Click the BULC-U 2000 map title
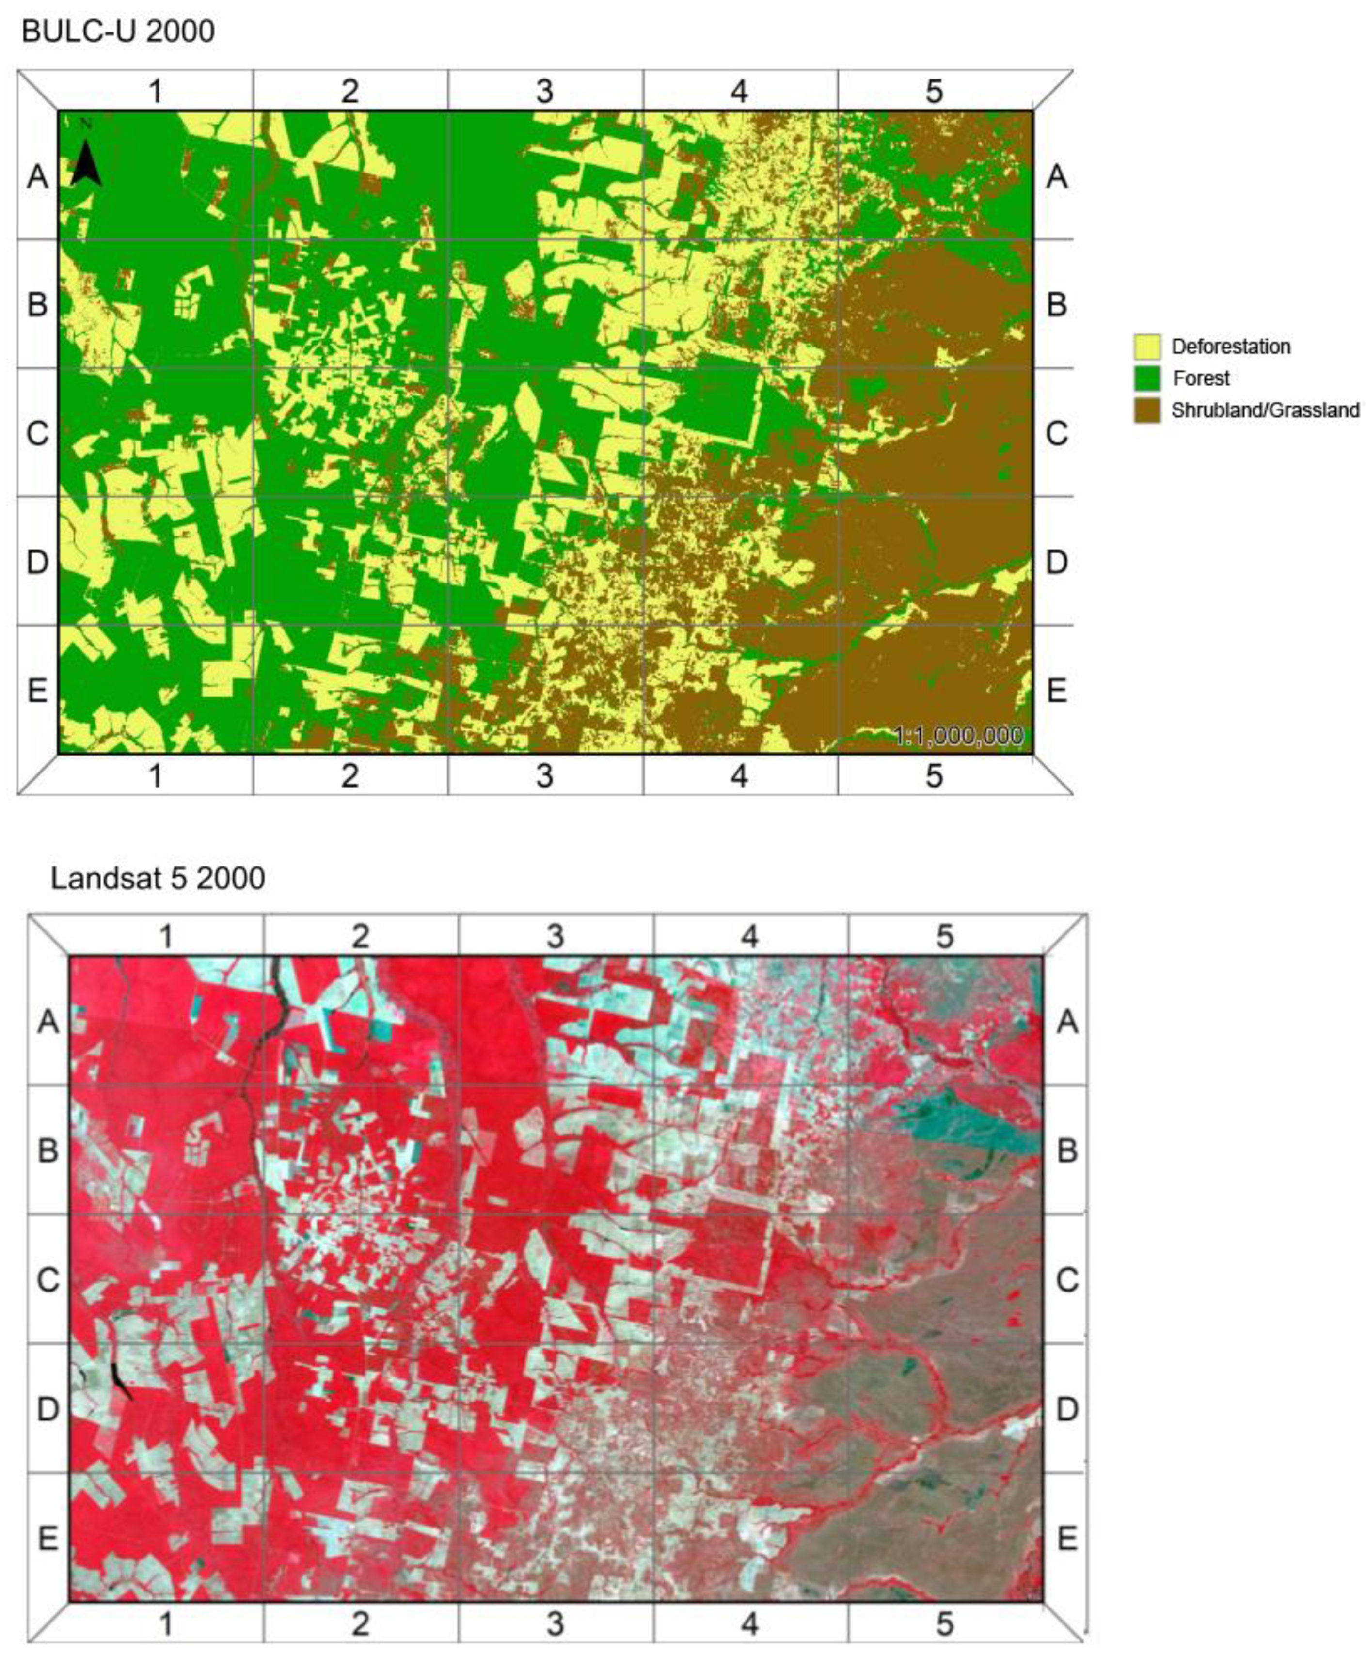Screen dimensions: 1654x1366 [118, 32]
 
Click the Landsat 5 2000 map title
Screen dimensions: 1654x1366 [158, 878]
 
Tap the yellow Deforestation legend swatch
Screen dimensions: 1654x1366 [1146, 346]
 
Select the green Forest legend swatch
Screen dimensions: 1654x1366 [1146, 378]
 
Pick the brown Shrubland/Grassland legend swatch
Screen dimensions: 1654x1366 [1146, 410]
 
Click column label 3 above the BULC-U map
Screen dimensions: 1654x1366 [544, 91]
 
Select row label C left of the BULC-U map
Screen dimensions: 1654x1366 [37, 433]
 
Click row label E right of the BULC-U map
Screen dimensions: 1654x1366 [1057, 691]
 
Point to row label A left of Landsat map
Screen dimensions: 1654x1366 [48, 1022]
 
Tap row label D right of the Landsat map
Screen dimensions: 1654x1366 [1067, 1409]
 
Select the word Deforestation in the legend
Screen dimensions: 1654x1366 [1231, 346]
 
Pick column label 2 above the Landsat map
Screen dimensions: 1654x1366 [360, 936]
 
